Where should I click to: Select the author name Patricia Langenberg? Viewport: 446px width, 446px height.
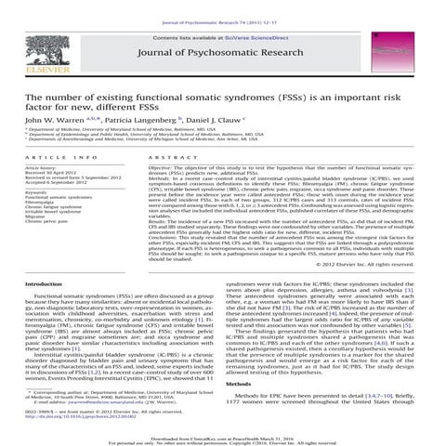tap(140, 120)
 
